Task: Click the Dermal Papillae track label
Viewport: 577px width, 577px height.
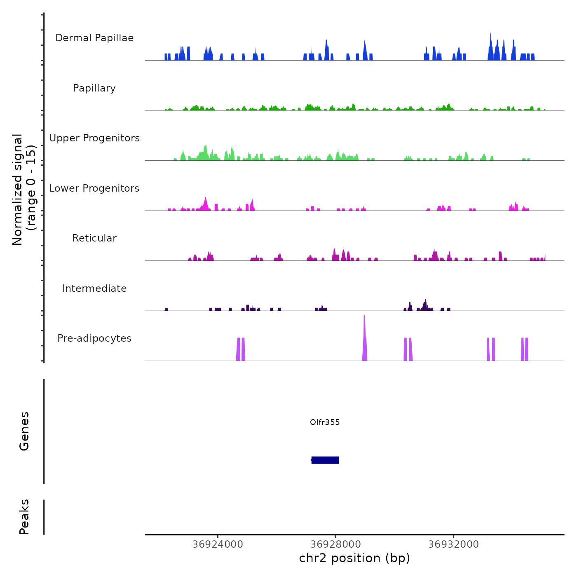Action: [94, 38]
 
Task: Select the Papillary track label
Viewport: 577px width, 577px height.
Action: [94, 88]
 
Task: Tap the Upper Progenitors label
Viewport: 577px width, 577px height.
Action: [94, 138]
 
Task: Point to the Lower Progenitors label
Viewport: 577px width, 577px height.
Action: [94, 188]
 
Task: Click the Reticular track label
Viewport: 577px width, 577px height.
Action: [94, 238]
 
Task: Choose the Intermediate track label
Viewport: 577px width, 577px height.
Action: [94, 288]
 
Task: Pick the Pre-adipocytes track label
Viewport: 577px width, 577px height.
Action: [94, 338]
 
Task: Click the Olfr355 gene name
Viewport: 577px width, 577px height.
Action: [325, 422]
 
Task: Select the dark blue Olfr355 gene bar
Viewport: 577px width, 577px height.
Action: [325, 460]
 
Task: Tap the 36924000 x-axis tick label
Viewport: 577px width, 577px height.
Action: [218, 544]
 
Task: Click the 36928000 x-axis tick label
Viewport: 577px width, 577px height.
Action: [335, 544]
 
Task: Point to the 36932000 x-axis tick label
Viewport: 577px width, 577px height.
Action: [453, 544]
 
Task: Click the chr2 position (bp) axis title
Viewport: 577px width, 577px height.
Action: [354, 558]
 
